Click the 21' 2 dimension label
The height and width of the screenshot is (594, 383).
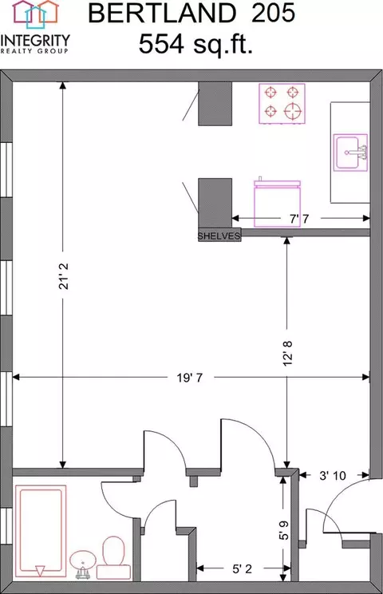click(64, 276)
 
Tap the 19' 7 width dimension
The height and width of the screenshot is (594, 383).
click(190, 378)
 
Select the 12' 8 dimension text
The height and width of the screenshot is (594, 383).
click(287, 353)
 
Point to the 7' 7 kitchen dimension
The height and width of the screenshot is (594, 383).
click(299, 219)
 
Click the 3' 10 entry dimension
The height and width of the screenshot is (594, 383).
click(333, 475)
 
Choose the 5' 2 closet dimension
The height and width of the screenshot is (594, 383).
click(243, 568)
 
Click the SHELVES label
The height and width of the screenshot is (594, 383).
click(219, 236)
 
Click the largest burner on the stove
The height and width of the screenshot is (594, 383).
click(294, 111)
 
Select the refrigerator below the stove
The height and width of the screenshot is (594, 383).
click(278, 203)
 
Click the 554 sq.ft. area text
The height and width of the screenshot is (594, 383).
click(195, 44)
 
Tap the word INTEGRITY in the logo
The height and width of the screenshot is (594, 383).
click(35, 41)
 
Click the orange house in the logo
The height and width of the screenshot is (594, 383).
click(49, 11)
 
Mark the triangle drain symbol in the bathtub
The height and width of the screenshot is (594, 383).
click(40, 571)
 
